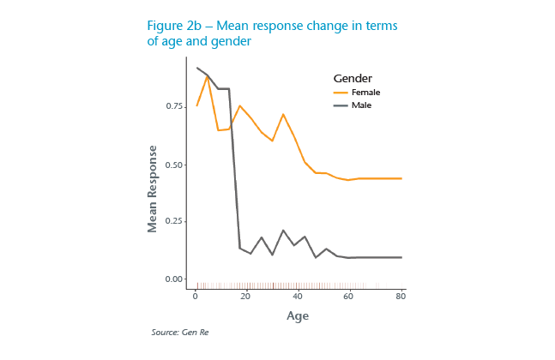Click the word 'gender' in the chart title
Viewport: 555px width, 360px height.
pos(227,41)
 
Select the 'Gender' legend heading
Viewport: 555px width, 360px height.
pos(353,78)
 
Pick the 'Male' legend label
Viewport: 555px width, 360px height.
pos(361,105)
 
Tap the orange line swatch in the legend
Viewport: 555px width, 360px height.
pos(341,92)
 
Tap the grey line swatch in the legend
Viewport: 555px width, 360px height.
pos(341,105)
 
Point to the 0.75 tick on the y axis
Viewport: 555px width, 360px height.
pos(175,106)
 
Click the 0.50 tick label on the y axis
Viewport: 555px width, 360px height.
pos(175,165)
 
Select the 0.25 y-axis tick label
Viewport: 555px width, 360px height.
pos(175,222)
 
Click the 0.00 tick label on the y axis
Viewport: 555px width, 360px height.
pos(175,279)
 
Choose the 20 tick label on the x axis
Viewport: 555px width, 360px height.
pos(246,297)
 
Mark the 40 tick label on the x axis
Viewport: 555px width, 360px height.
pos(298,297)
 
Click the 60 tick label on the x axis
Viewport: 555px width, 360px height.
pos(349,297)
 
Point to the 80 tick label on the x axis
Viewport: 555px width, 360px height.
pos(401,297)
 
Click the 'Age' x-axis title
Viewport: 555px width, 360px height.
pos(298,315)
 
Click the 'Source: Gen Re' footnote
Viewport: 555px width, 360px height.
pos(179,332)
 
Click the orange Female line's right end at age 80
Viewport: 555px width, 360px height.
pos(401,178)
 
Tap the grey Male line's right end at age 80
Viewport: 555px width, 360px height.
pos(401,257)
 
